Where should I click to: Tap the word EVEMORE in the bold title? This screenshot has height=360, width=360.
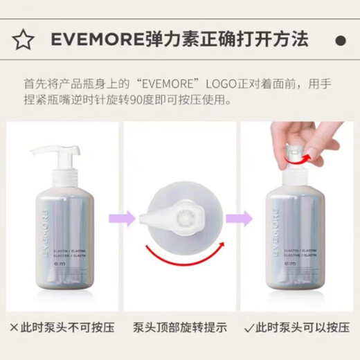point(93,40)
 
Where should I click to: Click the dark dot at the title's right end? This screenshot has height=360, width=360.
point(340,40)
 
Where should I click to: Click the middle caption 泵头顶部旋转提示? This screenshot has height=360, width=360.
point(180,327)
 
